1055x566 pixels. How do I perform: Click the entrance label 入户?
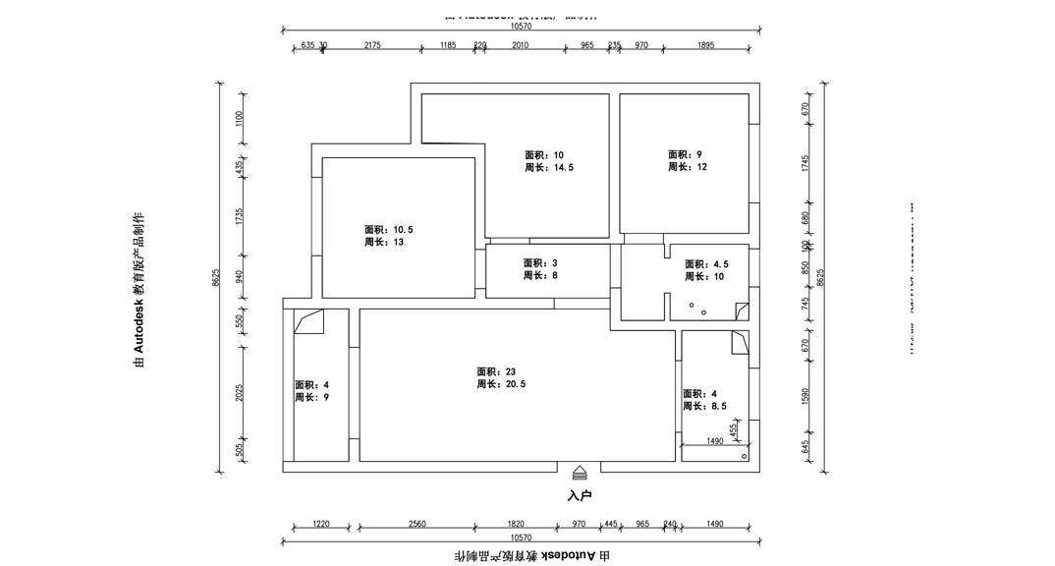tap(580, 495)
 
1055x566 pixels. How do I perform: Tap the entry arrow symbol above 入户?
tap(580, 473)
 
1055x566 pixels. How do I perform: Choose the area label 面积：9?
tap(686, 154)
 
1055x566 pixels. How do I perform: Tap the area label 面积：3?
tap(540, 263)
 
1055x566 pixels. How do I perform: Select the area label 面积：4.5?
tap(706, 264)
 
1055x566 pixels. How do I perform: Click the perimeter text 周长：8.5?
tap(705, 406)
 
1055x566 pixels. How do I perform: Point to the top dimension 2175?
tap(372, 45)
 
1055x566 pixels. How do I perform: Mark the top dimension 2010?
tap(520, 45)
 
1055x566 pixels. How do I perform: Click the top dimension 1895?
tap(705, 45)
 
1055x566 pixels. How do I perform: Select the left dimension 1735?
tap(239, 216)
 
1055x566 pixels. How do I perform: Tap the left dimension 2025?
tap(239, 392)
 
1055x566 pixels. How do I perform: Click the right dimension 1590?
tap(805, 395)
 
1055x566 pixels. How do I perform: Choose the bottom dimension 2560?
tap(417, 524)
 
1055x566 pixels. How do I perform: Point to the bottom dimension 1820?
tap(516, 524)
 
